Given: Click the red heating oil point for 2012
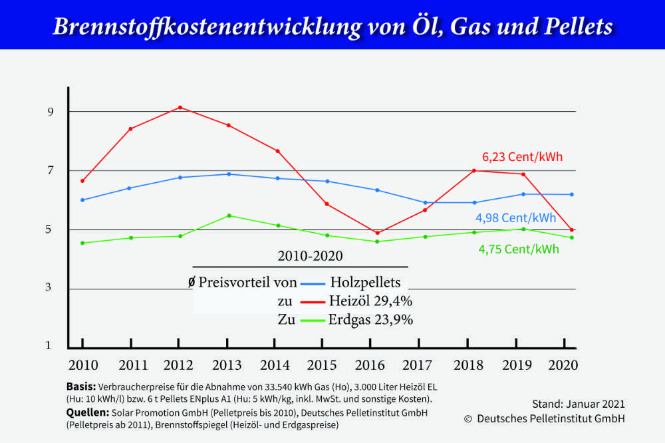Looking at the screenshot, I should tap(180, 107).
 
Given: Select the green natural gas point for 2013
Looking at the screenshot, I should tap(229, 216).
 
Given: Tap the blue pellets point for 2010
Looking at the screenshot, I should tap(82, 200).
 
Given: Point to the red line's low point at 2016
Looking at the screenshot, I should tap(377, 233).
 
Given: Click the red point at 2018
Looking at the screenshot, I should tap(474, 171).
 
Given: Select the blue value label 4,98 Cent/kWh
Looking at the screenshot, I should tap(516, 218).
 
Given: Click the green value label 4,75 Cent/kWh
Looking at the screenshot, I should tap(519, 249).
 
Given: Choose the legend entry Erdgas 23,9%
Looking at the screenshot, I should tap(370, 319).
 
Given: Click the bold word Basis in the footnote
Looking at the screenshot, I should tap(81, 386).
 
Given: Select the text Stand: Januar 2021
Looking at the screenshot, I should tap(579, 404).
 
